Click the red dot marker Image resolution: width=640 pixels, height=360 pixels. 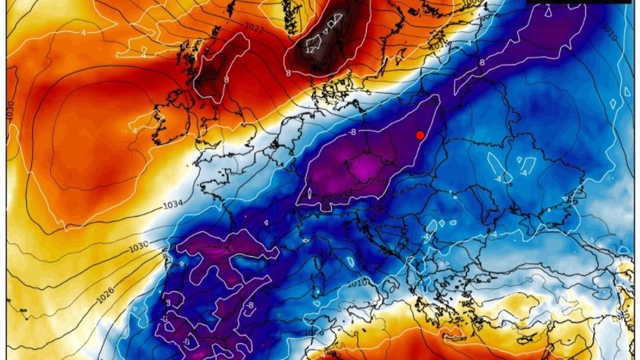tap(420, 135)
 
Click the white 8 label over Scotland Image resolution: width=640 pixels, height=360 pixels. tap(227, 79)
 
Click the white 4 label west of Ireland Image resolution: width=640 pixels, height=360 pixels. tap(134, 130)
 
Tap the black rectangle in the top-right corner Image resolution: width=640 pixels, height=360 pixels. tap(580, 2)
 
